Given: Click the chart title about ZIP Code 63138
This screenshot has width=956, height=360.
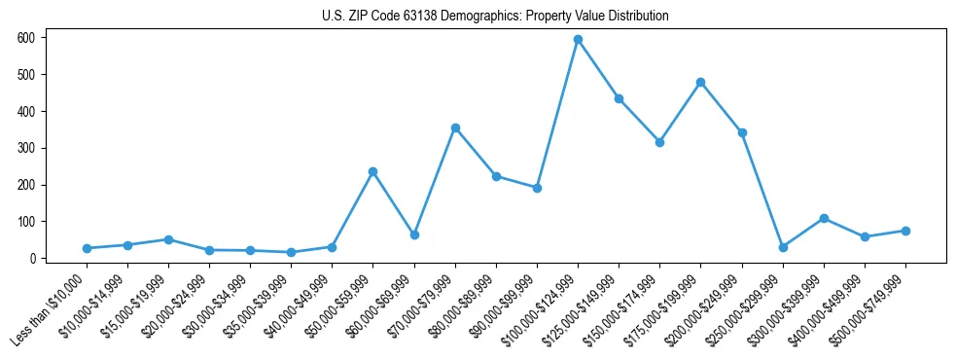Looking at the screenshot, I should (495, 17).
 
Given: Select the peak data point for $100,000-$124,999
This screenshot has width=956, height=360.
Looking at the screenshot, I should (578, 40).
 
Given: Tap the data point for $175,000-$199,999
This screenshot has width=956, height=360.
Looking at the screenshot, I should (700, 82).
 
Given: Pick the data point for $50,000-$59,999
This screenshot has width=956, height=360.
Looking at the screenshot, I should (372, 171).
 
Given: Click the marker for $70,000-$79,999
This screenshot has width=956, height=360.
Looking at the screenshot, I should (455, 127).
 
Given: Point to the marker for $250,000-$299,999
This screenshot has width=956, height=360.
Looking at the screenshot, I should (783, 247).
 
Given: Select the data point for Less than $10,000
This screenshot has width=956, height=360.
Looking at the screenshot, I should (87, 248).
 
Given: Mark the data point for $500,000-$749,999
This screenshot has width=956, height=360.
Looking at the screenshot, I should (905, 231).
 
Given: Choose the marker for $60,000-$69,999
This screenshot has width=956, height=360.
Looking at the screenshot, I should (414, 234).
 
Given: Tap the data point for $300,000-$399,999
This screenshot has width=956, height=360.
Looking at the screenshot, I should (824, 218).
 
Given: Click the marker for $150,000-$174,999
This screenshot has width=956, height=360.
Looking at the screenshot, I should (659, 142).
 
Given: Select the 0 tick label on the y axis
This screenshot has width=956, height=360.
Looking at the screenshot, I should (33, 259).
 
